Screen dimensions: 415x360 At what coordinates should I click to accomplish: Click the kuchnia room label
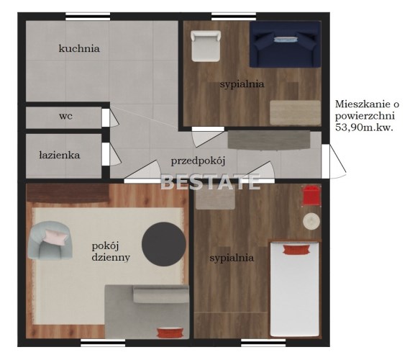(79, 48)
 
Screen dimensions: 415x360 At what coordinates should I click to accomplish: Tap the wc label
(65, 116)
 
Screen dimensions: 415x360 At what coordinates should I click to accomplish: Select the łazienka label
(60, 155)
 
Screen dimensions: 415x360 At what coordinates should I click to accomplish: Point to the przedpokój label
(198, 161)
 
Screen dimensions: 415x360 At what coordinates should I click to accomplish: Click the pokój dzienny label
(111, 252)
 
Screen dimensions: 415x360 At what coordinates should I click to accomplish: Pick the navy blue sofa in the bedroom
(285, 44)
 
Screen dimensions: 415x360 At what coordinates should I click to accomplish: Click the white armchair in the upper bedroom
(206, 46)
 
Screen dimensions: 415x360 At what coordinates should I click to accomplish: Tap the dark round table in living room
(163, 244)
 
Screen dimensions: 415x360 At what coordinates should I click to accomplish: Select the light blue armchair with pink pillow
(50, 240)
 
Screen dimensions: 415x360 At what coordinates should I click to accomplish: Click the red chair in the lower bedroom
(311, 196)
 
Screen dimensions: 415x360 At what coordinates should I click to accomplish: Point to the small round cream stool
(311, 221)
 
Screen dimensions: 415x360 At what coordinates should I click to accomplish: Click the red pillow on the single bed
(296, 250)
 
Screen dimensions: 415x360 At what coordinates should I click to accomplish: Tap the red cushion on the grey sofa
(170, 333)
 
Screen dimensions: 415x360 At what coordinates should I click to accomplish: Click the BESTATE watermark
(211, 181)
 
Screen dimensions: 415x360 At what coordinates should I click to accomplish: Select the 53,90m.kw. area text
(364, 127)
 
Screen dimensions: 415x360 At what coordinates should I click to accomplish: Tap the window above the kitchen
(88, 16)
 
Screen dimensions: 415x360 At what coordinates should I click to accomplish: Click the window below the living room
(103, 343)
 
